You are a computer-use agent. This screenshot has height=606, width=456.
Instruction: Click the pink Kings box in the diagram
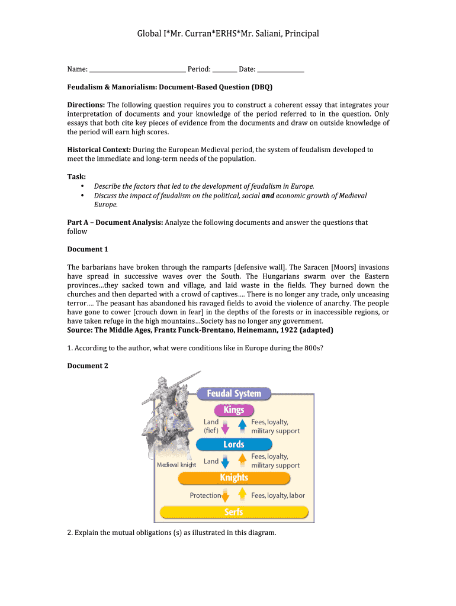click(x=234, y=410)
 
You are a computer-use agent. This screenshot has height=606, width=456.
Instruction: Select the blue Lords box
click(x=233, y=444)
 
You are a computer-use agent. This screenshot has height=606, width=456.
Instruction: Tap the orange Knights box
click(x=233, y=478)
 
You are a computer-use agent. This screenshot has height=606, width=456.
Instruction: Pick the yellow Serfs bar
click(x=233, y=512)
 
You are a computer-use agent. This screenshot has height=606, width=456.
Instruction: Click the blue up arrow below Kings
click(x=242, y=427)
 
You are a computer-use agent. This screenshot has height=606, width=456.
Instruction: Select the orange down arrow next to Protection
click(x=225, y=495)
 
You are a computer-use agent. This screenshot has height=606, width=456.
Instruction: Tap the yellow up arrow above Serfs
click(x=242, y=495)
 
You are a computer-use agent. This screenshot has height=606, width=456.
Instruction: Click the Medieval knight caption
click(x=176, y=465)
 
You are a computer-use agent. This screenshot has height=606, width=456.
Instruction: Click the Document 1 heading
click(x=88, y=249)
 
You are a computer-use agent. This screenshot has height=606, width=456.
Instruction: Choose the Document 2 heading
click(x=88, y=366)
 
